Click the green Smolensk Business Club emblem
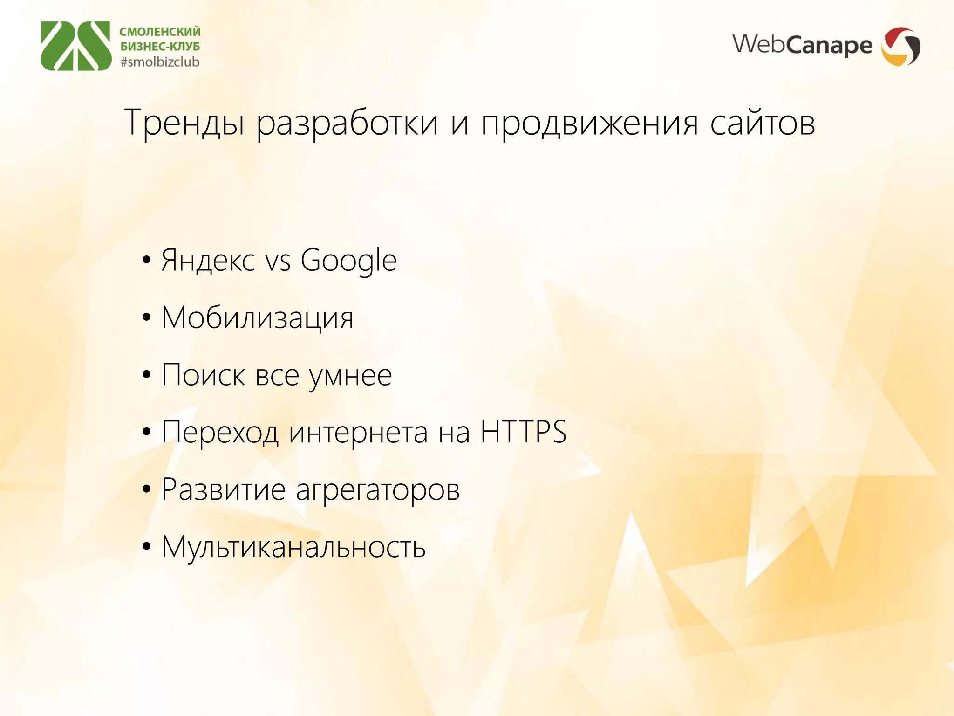pyautogui.click(x=76, y=46)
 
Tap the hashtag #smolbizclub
pyautogui.click(x=160, y=62)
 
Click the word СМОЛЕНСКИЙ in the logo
pyautogui.click(x=160, y=32)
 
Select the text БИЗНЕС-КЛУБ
pyautogui.click(x=160, y=47)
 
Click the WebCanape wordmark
pyautogui.click(x=802, y=45)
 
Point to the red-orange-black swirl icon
pyautogui.click(x=901, y=46)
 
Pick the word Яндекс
pyautogui.click(x=208, y=260)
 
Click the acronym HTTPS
pyautogui.click(x=523, y=432)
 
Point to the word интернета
pyautogui.click(x=358, y=433)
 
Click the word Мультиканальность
pyautogui.click(x=293, y=547)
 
